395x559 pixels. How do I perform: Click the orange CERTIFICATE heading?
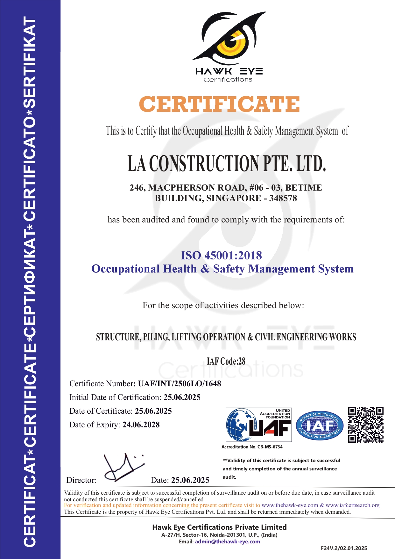click(x=219, y=104)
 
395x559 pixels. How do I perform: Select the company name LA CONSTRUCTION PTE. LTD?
click(x=227, y=163)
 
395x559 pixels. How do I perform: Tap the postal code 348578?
click(x=283, y=198)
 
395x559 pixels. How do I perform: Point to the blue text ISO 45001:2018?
click(x=222, y=255)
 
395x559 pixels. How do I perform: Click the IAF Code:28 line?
click(x=226, y=361)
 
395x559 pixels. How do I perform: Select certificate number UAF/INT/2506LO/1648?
click(x=180, y=383)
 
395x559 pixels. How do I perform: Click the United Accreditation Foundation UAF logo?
click(x=258, y=425)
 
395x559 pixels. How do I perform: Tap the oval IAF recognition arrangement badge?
click(x=320, y=425)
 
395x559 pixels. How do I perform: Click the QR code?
click(x=366, y=425)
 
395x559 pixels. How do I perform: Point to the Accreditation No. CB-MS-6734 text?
click(x=252, y=447)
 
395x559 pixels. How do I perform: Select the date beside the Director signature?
click(x=190, y=480)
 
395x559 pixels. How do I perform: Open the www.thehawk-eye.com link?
click(x=290, y=505)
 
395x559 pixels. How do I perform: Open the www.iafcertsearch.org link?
click(x=352, y=505)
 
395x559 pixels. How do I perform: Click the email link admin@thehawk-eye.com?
click(x=227, y=541)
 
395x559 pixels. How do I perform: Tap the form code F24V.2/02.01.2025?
click(x=344, y=548)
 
